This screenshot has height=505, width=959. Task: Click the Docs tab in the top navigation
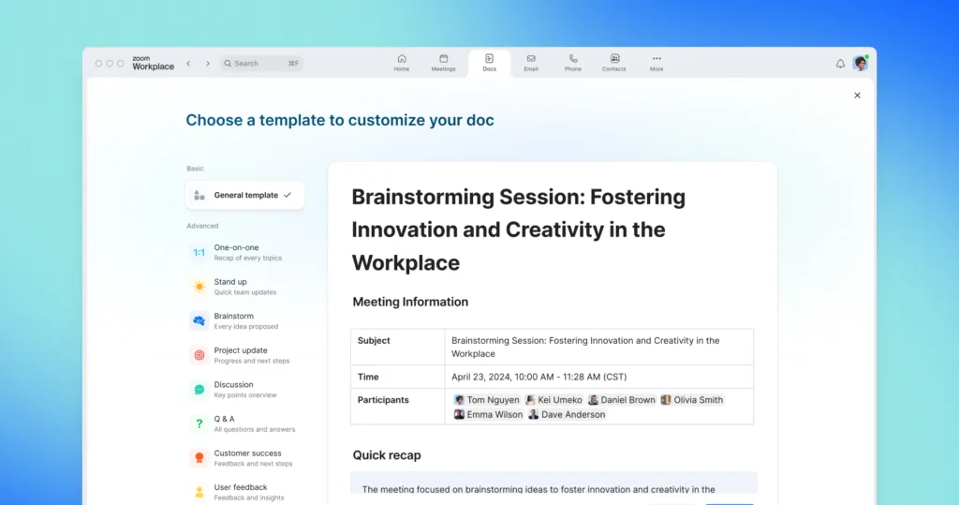[x=489, y=63]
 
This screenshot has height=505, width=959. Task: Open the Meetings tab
[x=443, y=63]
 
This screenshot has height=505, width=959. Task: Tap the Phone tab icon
[x=572, y=63]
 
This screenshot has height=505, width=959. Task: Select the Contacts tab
[x=614, y=63]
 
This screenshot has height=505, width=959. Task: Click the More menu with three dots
[x=657, y=63]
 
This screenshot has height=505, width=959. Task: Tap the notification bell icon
[x=840, y=64]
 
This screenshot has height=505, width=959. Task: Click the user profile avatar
[x=860, y=64]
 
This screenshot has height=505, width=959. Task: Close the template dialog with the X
[x=857, y=96]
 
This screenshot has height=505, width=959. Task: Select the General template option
[x=245, y=195]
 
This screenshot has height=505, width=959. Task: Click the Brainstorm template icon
[x=199, y=320]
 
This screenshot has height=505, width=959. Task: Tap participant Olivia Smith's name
[x=698, y=400]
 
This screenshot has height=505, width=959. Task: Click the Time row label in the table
[x=369, y=377]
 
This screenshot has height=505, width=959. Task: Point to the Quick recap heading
[x=387, y=455]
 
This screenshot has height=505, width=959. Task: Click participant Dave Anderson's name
[x=572, y=414]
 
